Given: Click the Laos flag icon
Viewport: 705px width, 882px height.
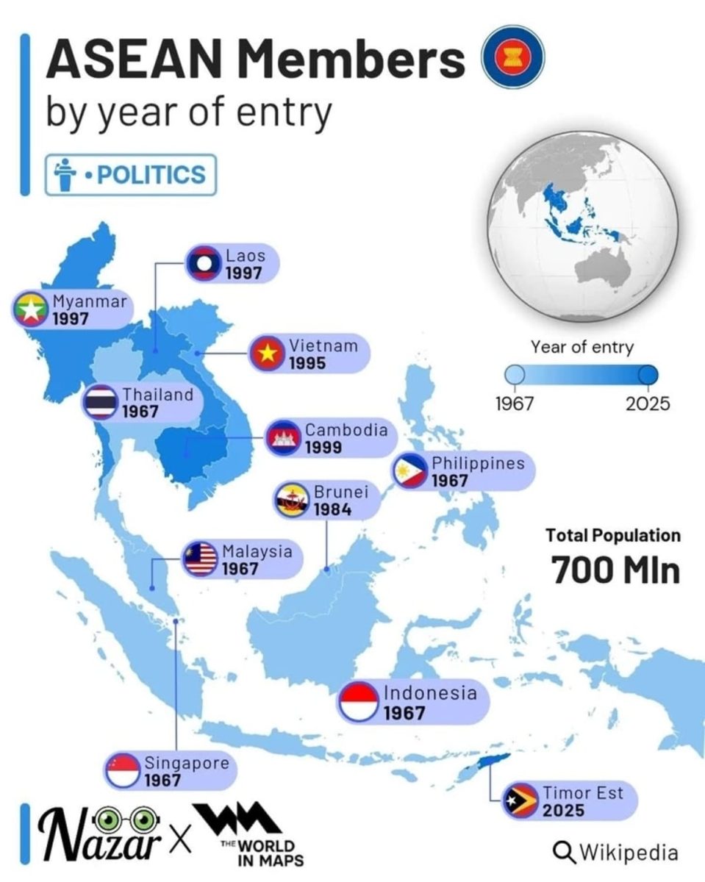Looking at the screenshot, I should pos(201,265).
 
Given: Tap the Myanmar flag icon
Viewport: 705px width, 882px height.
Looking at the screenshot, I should pos(30,310).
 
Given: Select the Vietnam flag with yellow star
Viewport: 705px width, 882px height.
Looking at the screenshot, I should pos(266,354).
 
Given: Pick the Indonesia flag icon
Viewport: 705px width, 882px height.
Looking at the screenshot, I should pos(359,702).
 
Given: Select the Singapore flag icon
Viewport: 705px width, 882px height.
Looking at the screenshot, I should pos(122,771).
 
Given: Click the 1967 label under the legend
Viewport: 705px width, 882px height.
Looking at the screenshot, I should pos(515,404).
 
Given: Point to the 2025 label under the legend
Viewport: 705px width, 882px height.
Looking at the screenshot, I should pos(648,404).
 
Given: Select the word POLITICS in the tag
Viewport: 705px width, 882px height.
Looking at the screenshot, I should pos(151,175).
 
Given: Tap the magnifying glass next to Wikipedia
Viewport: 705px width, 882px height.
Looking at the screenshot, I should pos(564,852).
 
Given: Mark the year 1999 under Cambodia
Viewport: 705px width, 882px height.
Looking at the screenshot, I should pos(324,447).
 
